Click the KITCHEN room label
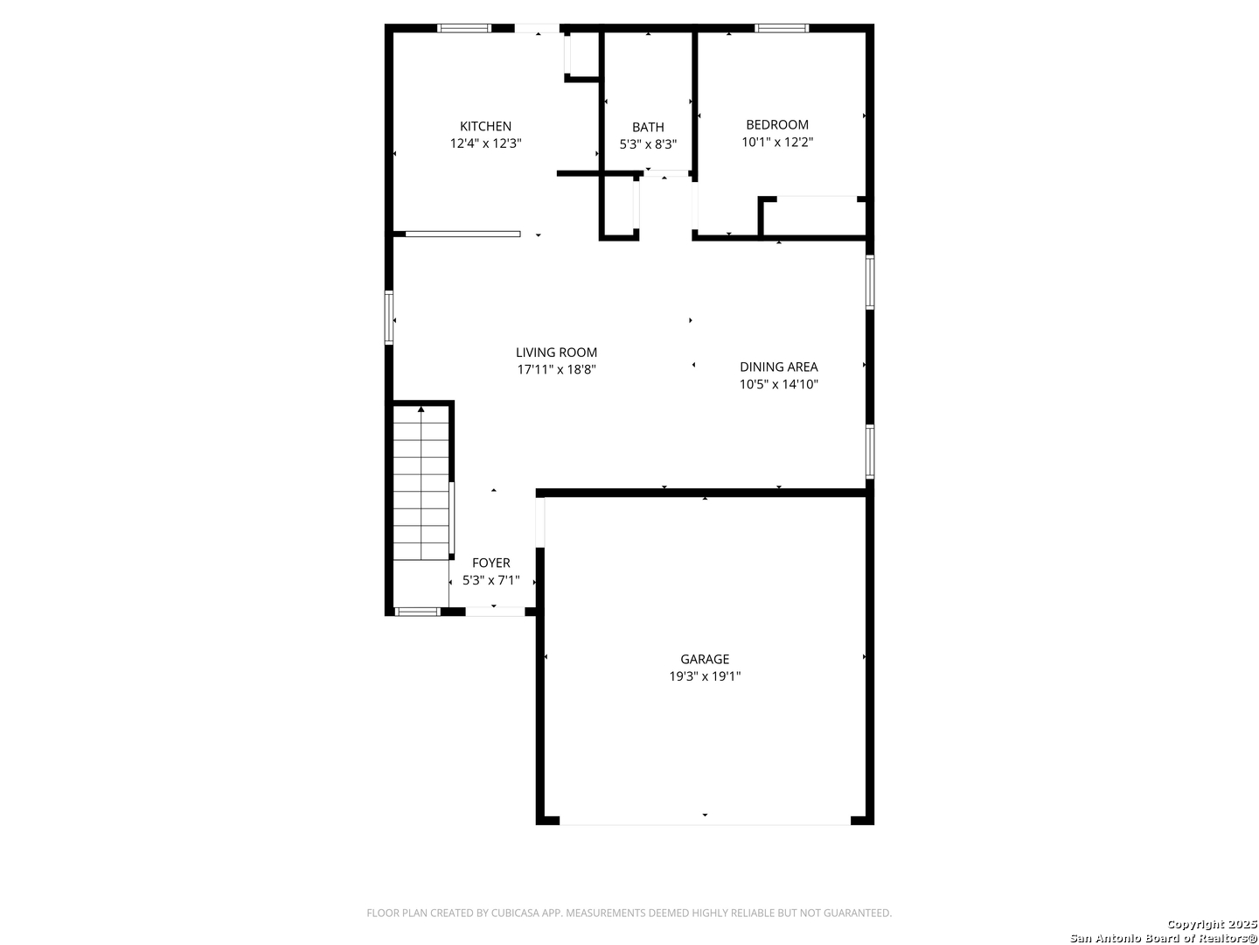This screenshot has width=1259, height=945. coord(485,126)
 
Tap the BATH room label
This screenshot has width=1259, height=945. coord(648,128)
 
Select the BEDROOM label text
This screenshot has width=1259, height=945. coord(776,124)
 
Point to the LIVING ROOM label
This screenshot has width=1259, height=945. coord(556,353)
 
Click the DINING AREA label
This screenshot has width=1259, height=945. coord(778,367)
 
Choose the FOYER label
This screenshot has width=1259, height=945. coord(491,563)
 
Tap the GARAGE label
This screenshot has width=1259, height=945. coord(705,659)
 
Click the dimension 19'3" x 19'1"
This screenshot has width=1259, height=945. coord(705,675)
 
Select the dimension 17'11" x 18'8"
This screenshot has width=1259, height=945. coord(556,369)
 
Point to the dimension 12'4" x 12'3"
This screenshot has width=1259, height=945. coord(485,143)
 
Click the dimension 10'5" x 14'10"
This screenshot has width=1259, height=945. coord(778,384)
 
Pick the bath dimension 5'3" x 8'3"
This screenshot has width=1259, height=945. coord(648,144)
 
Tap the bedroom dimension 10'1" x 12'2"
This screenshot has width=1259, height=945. coord(776,142)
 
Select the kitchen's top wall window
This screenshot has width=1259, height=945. coord(464,28)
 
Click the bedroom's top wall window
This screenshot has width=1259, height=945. coord(782,28)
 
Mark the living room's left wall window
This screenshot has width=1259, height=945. coord(389,318)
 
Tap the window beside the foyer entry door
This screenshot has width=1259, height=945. coord(417,612)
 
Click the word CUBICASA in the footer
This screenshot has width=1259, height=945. coord(513,913)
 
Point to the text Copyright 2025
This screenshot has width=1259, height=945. coord(1212,924)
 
